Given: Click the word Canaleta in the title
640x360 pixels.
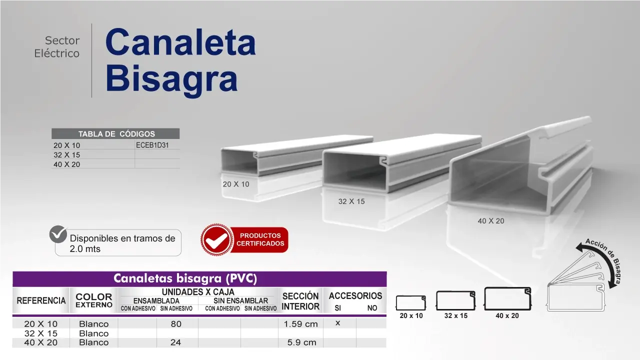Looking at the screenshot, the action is pyautogui.click(x=180, y=42).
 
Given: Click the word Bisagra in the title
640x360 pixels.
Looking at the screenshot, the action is pyautogui.click(x=171, y=79).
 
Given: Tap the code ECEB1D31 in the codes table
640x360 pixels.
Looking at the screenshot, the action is pyautogui.click(x=152, y=145).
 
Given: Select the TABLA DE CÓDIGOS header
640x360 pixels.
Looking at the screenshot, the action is pyautogui.click(x=116, y=134).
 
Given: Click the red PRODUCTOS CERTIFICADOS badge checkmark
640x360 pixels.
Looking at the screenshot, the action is pyautogui.click(x=216, y=240).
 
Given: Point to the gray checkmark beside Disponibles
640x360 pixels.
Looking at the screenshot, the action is pyautogui.click(x=58, y=234).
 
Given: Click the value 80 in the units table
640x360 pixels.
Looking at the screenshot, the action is pyautogui.click(x=176, y=323).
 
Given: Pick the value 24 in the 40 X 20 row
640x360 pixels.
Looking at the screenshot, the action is pyautogui.click(x=175, y=342).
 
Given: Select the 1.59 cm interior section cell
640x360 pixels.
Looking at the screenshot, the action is pyautogui.click(x=300, y=324).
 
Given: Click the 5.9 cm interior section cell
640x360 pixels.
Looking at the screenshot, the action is pyautogui.click(x=301, y=342).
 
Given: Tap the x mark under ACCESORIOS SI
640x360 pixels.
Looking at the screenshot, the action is pyautogui.click(x=337, y=323).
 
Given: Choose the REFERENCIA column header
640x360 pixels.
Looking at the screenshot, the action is pyautogui.click(x=41, y=300).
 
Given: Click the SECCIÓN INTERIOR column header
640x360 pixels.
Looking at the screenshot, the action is pyautogui.click(x=300, y=301).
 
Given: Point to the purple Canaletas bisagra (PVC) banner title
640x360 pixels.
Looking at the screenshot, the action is pyautogui.click(x=185, y=278).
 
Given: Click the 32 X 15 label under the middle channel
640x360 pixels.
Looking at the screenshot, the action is pyautogui.click(x=351, y=201).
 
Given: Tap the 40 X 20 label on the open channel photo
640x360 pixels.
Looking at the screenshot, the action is pyautogui.click(x=491, y=221).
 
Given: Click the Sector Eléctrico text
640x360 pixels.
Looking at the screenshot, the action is pyautogui.click(x=57, y=47).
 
